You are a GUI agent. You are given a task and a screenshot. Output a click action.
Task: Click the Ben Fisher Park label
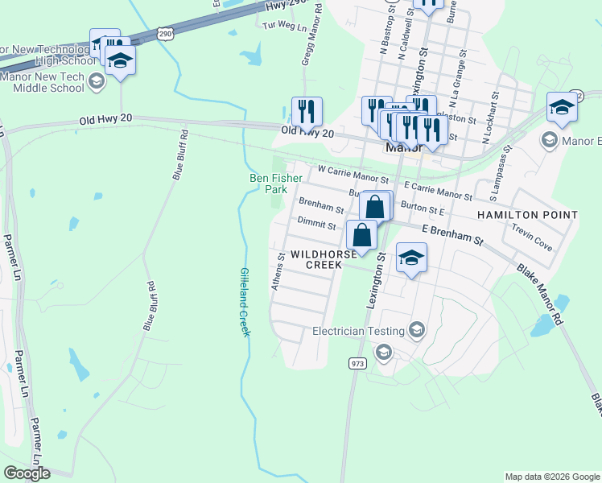tap(275, 184)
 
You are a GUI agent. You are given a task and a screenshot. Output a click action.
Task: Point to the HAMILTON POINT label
tap(527, 215)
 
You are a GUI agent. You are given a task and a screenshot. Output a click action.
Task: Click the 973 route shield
tap(358, 364)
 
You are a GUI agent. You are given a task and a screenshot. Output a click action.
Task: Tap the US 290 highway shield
tap(165, 34)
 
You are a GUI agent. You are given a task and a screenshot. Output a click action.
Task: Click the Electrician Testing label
tap(357, 331)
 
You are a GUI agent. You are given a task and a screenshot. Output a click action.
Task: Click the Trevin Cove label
tap(532, 237)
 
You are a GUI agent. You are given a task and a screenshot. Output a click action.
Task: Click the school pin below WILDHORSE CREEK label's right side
tap(411, 258)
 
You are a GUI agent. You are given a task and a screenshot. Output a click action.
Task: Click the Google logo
tap(27, 473)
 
